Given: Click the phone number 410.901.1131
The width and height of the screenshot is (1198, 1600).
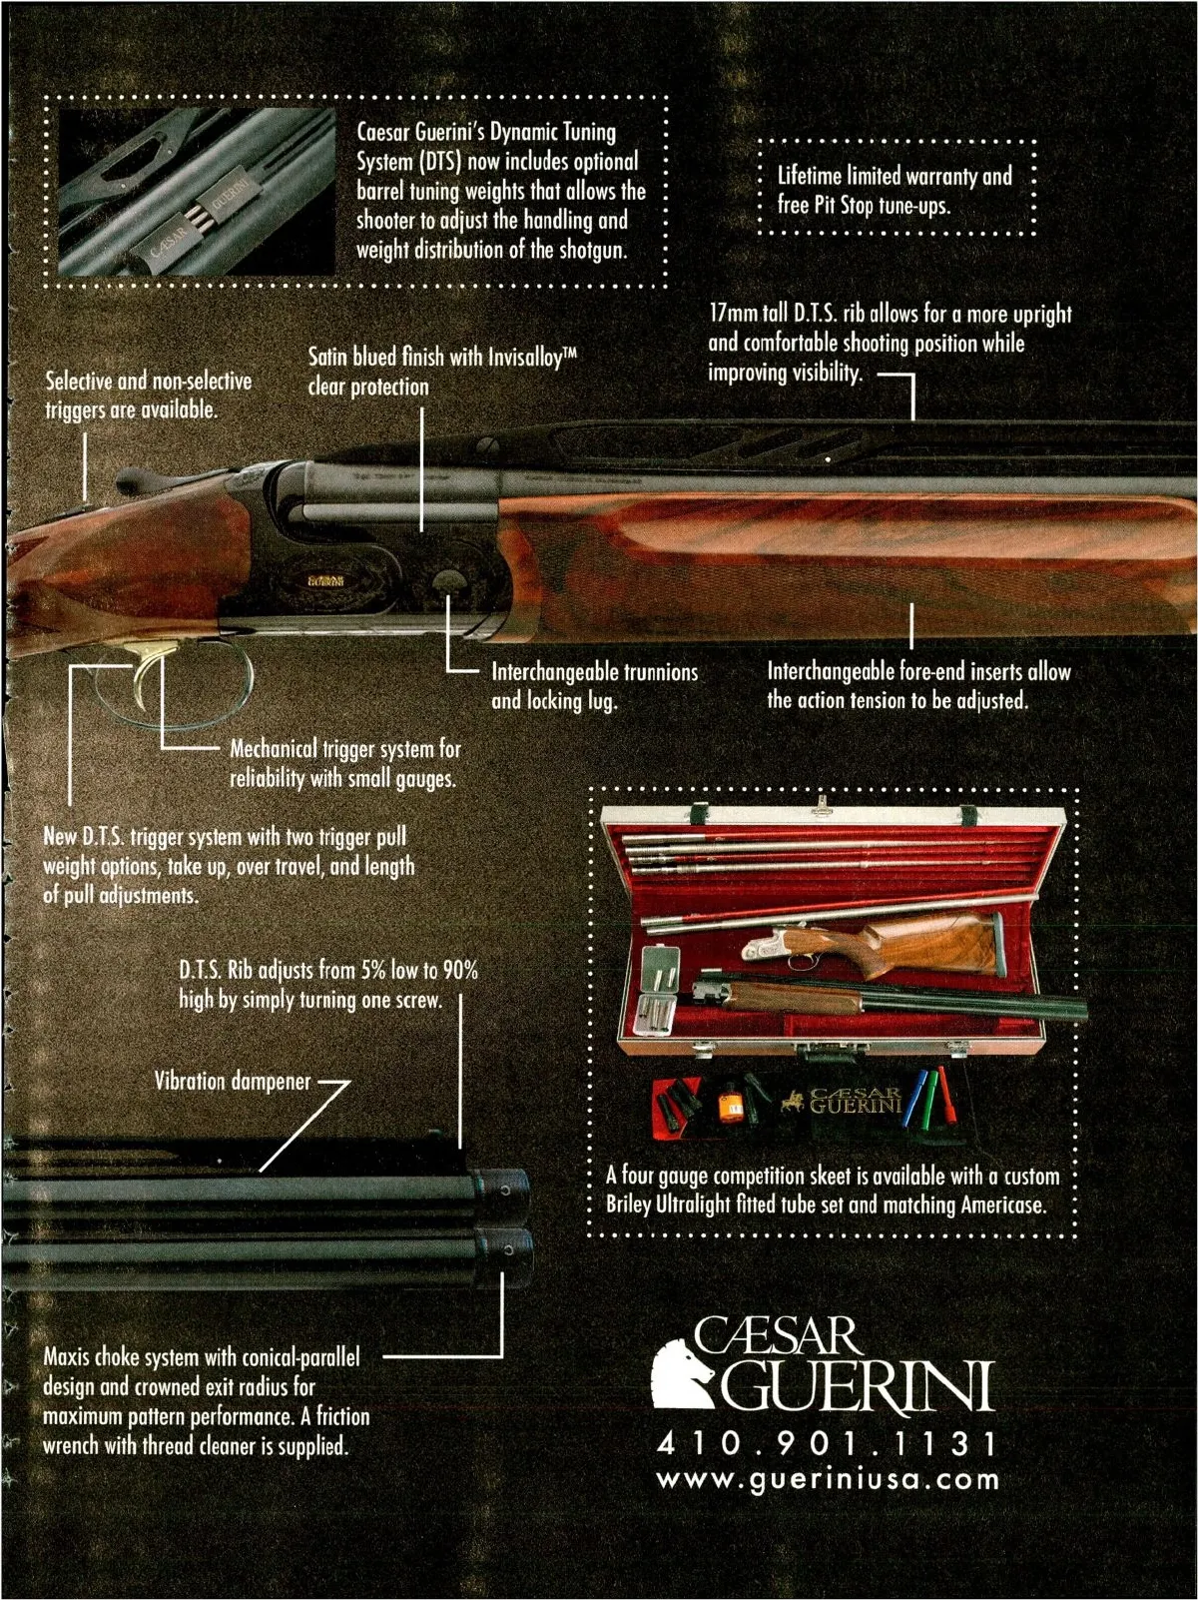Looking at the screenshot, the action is (826, 1444).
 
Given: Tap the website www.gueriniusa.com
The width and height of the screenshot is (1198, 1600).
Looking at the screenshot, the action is (828, 1480).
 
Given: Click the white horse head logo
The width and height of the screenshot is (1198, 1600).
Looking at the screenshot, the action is (684, 1376).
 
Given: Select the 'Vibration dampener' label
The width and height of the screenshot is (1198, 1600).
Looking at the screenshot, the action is (233, 1082).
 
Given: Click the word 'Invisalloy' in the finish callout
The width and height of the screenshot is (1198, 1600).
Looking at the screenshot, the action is (532, 357).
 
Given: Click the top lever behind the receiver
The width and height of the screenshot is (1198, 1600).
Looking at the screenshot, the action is (139, 479).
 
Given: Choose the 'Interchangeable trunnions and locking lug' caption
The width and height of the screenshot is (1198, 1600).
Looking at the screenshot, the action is (594, 686).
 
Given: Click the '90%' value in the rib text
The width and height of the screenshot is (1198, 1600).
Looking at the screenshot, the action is (459, 971).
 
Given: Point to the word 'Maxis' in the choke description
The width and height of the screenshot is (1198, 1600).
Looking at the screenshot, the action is (69, 1357).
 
